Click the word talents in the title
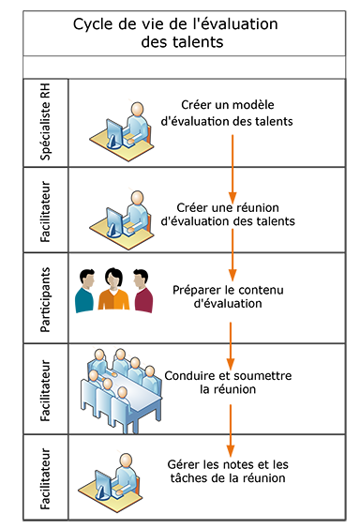click(194, 41)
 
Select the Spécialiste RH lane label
click(45, 123)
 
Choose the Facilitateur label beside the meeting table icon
click(45, 385)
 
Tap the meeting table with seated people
click(124, 385)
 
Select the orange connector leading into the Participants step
click(232, 246)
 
